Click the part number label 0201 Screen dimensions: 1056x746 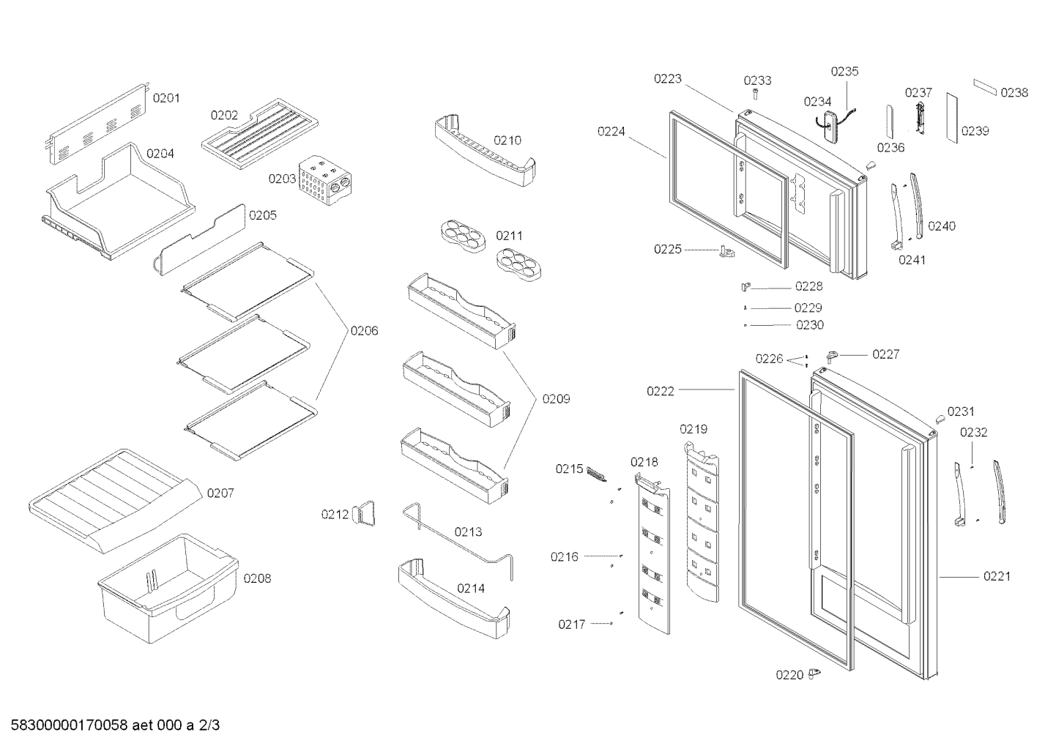tap(166, 98)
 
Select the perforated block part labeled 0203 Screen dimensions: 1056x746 tap(325, 180)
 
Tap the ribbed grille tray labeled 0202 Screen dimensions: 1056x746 tap(260, 134)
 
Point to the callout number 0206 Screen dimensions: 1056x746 tap(364, 331)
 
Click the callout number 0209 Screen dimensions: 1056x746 tap(556, 399)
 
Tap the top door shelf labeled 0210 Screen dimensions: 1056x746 tap(485, 150)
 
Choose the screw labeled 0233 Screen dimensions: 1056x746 tap(756, 94)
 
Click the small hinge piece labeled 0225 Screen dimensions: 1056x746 tap(726, 251)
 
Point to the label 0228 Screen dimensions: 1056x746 tap(808, 286)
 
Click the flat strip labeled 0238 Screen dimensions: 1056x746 tap(985, 88)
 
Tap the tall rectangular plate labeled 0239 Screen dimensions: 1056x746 tap(952, 118)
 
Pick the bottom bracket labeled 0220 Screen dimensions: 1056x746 tap(814, 674)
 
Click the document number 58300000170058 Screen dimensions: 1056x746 tap(70, 726)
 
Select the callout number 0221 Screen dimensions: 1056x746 tap(997, 576)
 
